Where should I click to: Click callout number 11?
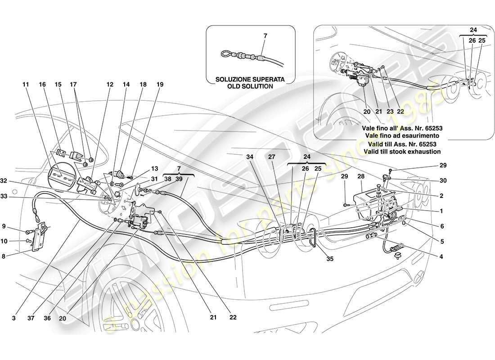pos(26,84)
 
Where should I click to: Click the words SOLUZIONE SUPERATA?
pos(250,79)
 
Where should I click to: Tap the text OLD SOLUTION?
pos(250,86)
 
